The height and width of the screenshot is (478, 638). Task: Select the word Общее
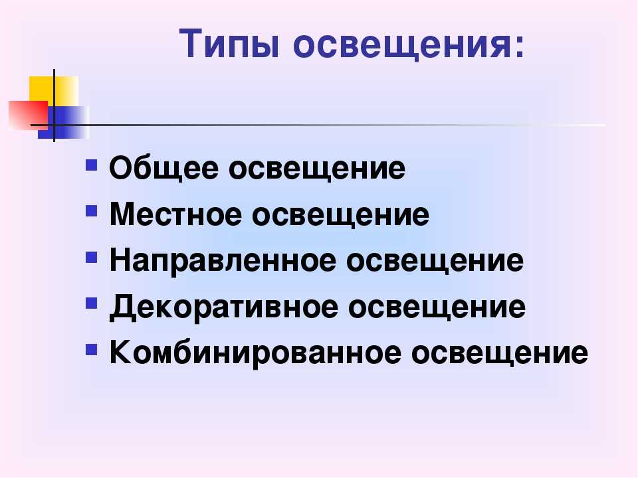pyautogui.click(x=164, y=167)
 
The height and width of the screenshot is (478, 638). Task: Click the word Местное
pyautogui.click(x=175, y=214)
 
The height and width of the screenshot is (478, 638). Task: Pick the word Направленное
pyautogui.click(x=223, y=260)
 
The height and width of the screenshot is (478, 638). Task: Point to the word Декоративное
pyautogui.click(x=224, y=307)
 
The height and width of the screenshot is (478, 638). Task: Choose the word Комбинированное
pyautogui.click(x=255, y=353)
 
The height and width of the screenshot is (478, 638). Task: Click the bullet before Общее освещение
pyautogui.click(x=92, y=165)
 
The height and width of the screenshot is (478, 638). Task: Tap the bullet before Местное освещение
pyautogui.click(x=92, y=211)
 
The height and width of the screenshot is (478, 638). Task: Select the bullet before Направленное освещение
pyautogui.click(x=92, y=258)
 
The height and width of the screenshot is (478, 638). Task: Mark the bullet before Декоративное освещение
pyautogui.click(x=92, y=303)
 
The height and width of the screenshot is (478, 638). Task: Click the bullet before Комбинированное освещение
pyautogui.click(x=92, y=350)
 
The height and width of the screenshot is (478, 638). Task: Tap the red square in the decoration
pyautogui.click(x=28, y=115)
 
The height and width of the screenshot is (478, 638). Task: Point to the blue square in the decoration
pyautogui.click(x=63, y=122)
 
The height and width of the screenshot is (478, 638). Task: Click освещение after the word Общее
pyautogui.click(x=317, y=169)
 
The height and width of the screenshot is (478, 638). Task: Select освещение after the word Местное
pyautogui.click(x=340, y=215)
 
